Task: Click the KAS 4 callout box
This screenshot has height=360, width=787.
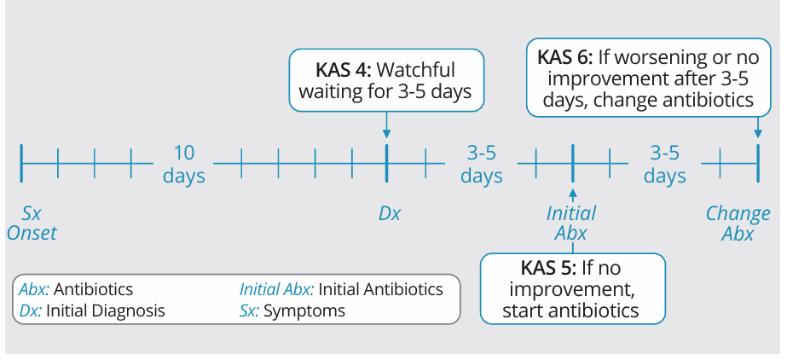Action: (x=386, y=80)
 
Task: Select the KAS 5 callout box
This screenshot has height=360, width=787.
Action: (x=573, y=288)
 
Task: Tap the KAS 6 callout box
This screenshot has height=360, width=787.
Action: (x=649, y=78)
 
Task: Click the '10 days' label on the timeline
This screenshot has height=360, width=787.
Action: (x=184, y=164)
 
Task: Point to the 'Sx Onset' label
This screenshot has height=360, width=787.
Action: (x=32, y=224)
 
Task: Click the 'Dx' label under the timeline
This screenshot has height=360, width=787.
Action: (x=390, y=214)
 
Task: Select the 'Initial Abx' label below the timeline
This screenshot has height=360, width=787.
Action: (x=571, y=224)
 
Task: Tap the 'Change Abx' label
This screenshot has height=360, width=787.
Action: (x=738, y=224)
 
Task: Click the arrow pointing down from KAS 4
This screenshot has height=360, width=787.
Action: (x=386, y=125)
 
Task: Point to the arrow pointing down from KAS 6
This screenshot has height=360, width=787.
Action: (x=758, y=127)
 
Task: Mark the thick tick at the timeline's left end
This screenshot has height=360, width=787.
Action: (x=21, y=163)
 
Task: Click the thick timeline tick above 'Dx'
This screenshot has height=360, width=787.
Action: (x=386, y=163)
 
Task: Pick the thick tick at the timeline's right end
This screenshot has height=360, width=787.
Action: (x=758, y=163)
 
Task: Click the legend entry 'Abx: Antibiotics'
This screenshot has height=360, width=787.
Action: (x=76, y=290)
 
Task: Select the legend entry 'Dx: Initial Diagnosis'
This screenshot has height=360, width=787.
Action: (x=92, y=311)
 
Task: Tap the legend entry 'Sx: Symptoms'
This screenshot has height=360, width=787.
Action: (x=292, y=311)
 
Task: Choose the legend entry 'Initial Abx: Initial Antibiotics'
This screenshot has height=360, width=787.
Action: (x=341, y=290)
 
